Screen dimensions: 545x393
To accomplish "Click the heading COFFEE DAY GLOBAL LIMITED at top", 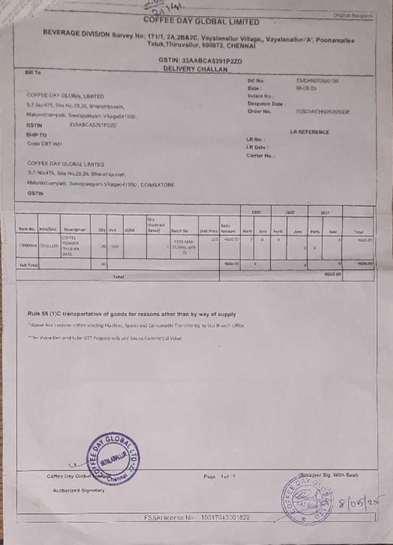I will (202, 22).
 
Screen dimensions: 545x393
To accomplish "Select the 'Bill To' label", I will (32, 72).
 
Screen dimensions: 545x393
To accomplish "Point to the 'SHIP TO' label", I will (36, 135).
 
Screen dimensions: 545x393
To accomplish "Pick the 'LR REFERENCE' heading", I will (310, 131).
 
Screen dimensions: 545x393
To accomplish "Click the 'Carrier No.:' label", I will (260, 155).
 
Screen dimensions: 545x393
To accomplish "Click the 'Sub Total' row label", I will (27, 264).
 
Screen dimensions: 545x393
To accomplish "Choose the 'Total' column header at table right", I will (358, 231).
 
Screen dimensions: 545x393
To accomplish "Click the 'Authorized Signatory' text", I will (79, 490).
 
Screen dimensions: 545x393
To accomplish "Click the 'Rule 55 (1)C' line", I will (132, 314).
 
